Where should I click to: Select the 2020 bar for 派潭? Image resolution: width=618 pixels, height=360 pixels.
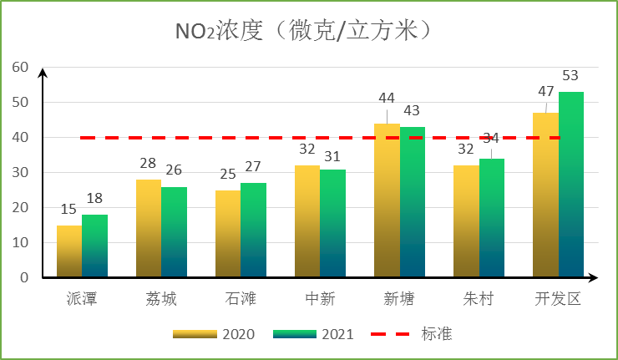click(69, 251)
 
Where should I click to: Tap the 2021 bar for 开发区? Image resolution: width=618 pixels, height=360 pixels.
click(571, 184)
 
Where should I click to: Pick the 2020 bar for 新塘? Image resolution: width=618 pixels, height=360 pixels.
click(387, 200)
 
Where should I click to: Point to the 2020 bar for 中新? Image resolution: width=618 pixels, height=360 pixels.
click(307, 221)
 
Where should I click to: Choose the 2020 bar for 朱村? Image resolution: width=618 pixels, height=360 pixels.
click(466, 221)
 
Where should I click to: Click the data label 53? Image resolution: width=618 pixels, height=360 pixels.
click(570, 76)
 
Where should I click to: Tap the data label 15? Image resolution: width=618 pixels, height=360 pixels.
click(68, 210)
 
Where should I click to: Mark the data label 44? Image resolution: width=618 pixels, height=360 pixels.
click(387, 98)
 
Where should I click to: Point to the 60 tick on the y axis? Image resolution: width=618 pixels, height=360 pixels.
click(19, 67)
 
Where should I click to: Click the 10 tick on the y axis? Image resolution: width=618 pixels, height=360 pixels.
click(19, 242)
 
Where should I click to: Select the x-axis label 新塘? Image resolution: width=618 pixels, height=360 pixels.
click(399, 299)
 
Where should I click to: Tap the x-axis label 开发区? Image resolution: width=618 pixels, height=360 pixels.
click(558, 299)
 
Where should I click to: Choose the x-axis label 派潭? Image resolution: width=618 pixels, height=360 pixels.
click(82, 299)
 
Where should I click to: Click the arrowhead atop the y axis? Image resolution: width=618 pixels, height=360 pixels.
click(44, 72)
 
